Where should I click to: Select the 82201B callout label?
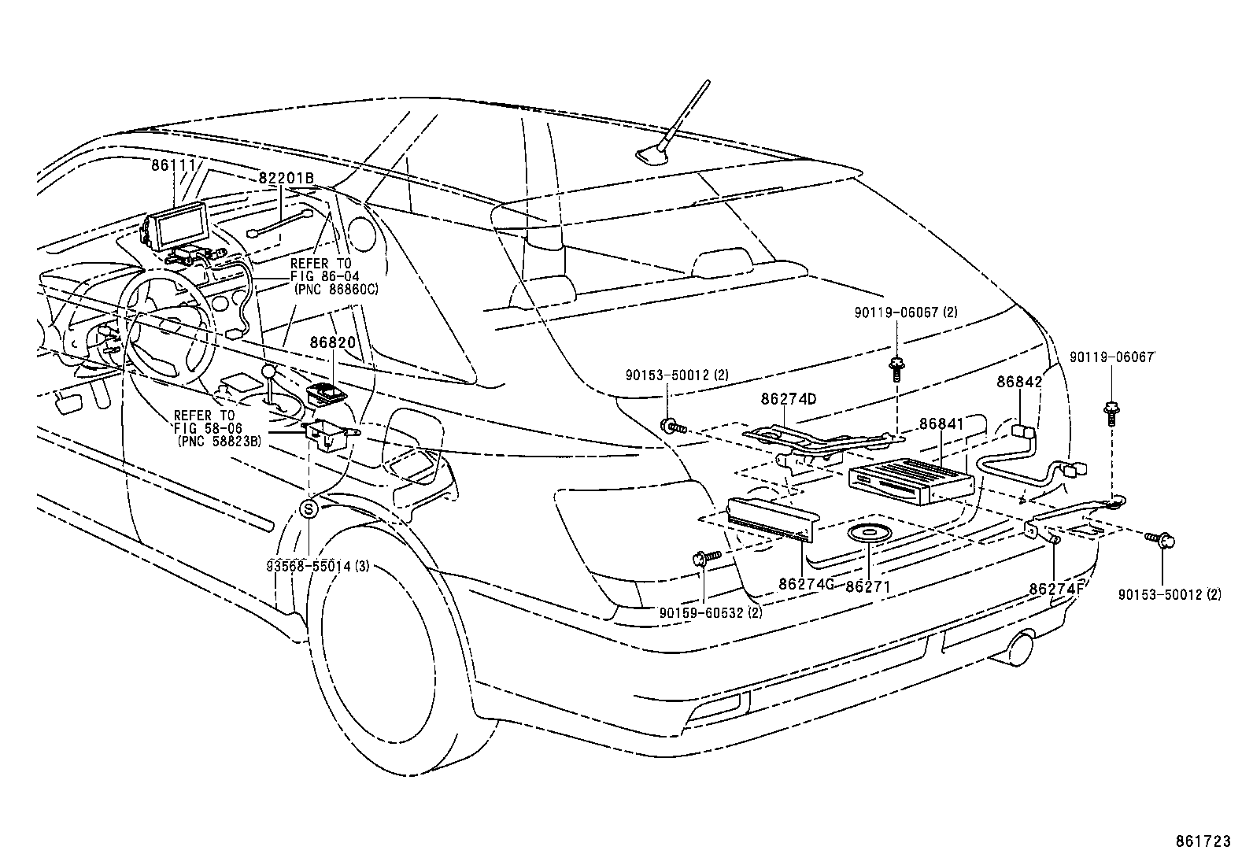pos(286,179)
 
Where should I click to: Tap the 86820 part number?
pos(332,343)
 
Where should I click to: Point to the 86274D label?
pos(788,399)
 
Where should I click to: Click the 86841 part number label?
pos(941,424)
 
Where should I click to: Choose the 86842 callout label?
pos(1019,382)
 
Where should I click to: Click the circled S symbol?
pos(309,509)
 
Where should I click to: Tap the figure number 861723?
pos(1202,842)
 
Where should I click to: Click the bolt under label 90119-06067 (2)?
pos(896,368)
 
